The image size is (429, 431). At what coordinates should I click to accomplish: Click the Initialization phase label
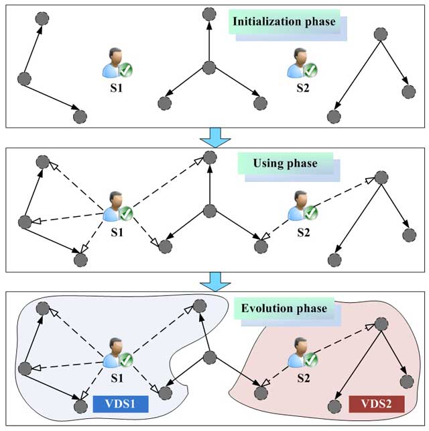coord(284,21)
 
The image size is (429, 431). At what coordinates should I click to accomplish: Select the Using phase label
coord(284,163)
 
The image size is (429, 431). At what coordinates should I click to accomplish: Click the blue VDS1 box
coord(120,405)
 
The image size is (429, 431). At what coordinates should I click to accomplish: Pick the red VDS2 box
coord(376,405)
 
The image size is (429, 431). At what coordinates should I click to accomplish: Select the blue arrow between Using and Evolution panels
coord(215,281)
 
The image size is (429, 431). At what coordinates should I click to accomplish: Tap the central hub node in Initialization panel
coord(209,68)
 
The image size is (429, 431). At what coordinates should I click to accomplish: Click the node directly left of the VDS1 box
coord(80,405)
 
